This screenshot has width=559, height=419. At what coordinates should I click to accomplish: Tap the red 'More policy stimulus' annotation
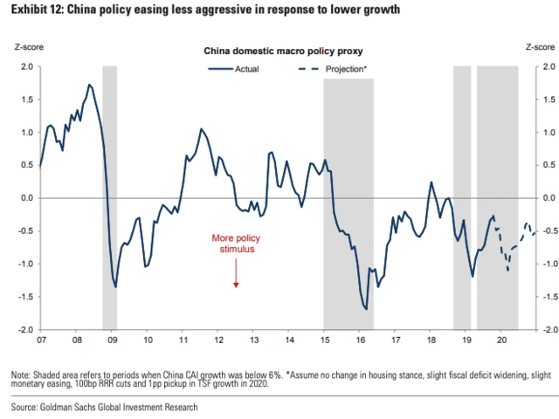click(x=236, y=243)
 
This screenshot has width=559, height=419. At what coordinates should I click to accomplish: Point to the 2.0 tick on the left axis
click(x=25, y=66)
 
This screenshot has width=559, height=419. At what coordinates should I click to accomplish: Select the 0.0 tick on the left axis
click(x=25, y=198)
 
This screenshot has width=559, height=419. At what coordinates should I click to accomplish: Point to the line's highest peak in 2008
click(x=90, y=85)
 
